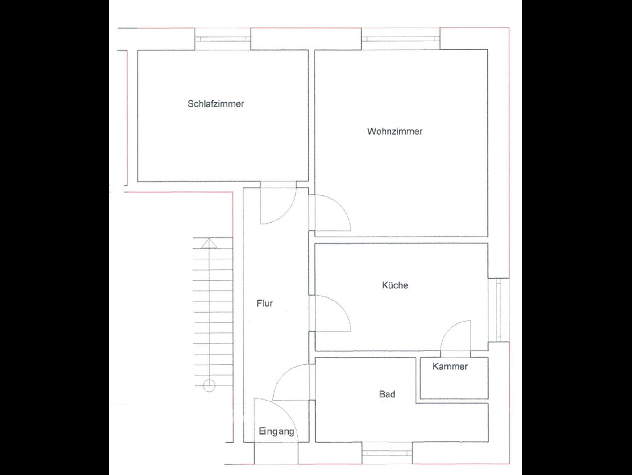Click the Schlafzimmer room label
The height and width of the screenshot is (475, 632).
[x=216, y=104]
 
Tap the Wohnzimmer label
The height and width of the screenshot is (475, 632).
[x=395, y=131]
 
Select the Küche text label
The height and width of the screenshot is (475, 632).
[x=395, y=285]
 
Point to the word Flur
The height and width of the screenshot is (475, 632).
[x=265, y=303]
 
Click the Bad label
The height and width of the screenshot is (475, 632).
[x=387, y=394]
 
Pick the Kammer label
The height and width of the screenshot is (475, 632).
[x=450, y=366]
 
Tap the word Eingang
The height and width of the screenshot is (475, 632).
[x=276, y=431]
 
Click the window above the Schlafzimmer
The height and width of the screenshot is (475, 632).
[x=222, y=39]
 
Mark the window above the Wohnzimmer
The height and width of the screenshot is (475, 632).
[x=401, y=39]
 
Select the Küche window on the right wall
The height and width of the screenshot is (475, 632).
[x=498, y=310]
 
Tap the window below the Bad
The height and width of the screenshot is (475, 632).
[x=387, y=453]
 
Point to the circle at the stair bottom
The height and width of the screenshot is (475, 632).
[x=209, y=386]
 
